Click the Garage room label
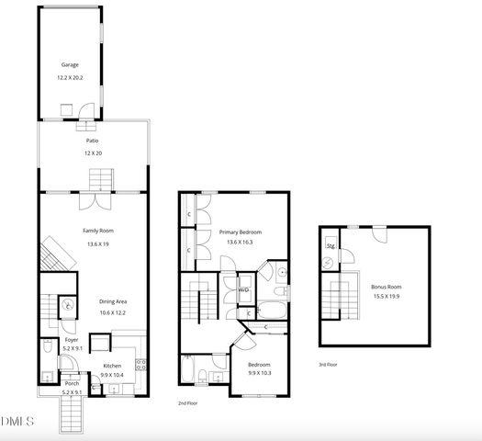click(69, 65)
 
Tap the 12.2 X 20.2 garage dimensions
click(70, 78)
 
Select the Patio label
click(92, 141)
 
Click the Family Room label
click(98, 231)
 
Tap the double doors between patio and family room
click(93, 198)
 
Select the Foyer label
click(71, 339)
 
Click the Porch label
click(71, 384)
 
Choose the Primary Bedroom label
click(241, 232)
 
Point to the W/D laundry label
click(244, 289)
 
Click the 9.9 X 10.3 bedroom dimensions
click(261, 373)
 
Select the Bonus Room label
click(387, 287)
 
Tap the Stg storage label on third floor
click(331, 245)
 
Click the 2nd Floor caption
click(187, 402)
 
